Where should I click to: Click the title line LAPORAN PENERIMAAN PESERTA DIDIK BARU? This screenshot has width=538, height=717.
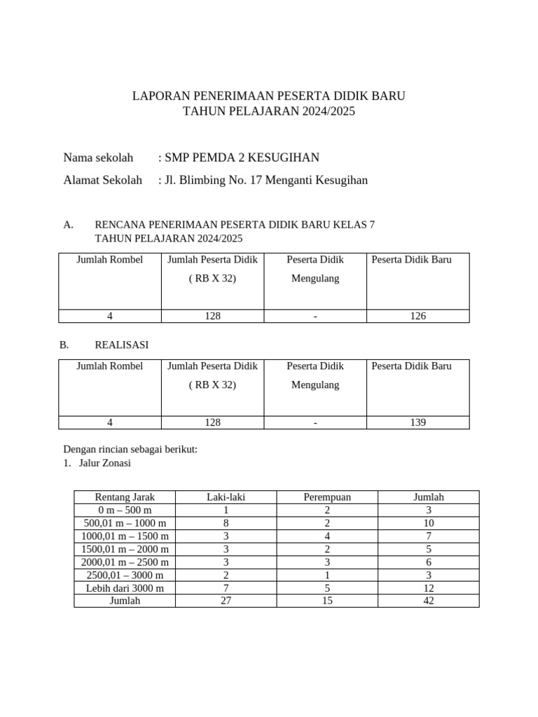click(x=269, y=95)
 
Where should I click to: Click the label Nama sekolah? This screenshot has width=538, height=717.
click(x=98, y=158)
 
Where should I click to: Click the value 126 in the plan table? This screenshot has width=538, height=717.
click(x=418, y=316)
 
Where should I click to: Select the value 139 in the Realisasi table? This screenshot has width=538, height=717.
click(x=418, y=422)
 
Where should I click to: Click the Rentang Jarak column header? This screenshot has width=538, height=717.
click(x=125, y=497)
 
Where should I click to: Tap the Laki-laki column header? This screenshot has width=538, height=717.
click(x=226, y=497)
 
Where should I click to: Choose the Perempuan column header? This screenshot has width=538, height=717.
click(x=327, y=497)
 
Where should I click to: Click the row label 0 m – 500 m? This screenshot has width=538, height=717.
click(x=125, y=510)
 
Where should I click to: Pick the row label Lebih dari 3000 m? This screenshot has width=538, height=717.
click(x=125, y=588)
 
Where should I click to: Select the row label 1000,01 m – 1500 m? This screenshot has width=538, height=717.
click(x=125, y=536)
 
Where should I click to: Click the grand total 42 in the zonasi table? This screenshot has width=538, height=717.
click(x=429, y=601)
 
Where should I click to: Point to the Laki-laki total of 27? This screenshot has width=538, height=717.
click(x=226, y=601)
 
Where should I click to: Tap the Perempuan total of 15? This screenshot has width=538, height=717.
click(x=327, y=601)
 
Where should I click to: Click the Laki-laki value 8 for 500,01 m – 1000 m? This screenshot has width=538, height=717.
click(x=226, y=523)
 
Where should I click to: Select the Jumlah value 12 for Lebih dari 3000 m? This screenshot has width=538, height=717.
click(x=429, y=588)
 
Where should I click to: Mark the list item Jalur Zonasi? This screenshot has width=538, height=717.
click(x=105, y=463)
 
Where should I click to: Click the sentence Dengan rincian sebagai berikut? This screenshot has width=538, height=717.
click(x=130, y=449)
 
